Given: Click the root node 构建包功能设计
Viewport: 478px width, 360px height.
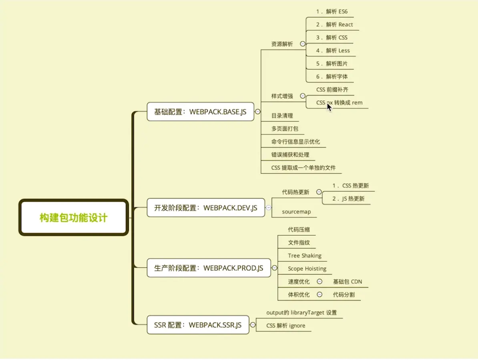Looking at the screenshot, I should coord(74,218).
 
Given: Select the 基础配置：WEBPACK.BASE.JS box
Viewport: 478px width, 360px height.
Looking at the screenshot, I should coord(200,112).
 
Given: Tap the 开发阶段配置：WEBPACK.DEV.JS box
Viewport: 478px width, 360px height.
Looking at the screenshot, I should coord(206,208).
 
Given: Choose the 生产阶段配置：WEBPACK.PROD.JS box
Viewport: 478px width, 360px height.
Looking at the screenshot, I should coord(209,268).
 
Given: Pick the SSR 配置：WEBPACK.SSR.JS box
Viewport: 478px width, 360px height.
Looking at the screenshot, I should coord(198,325).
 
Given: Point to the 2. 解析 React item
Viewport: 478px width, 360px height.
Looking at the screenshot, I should coord(334,24).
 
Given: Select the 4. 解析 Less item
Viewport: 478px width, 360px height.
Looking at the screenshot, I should coord(333,50).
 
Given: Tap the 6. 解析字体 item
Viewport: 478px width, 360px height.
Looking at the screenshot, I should coord(332,76).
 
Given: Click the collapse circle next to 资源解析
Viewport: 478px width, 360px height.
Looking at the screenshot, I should coord(303,44).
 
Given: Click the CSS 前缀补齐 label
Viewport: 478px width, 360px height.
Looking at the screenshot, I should coord(332,90).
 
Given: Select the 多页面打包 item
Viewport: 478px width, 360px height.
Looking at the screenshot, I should coord(285,129).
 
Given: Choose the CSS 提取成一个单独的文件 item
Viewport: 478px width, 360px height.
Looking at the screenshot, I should coord(303,168).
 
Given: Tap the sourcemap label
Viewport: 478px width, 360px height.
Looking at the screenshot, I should coord(296,211).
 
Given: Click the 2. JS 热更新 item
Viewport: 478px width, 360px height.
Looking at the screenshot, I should coord(348,199).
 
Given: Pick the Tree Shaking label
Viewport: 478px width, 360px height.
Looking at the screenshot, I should coord(304,255).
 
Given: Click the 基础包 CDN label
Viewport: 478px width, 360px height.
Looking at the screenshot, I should coord(347,282).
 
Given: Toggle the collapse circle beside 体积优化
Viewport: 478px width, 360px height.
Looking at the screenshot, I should coord(319,295).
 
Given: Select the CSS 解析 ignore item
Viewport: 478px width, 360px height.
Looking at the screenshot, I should coord(285,326).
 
